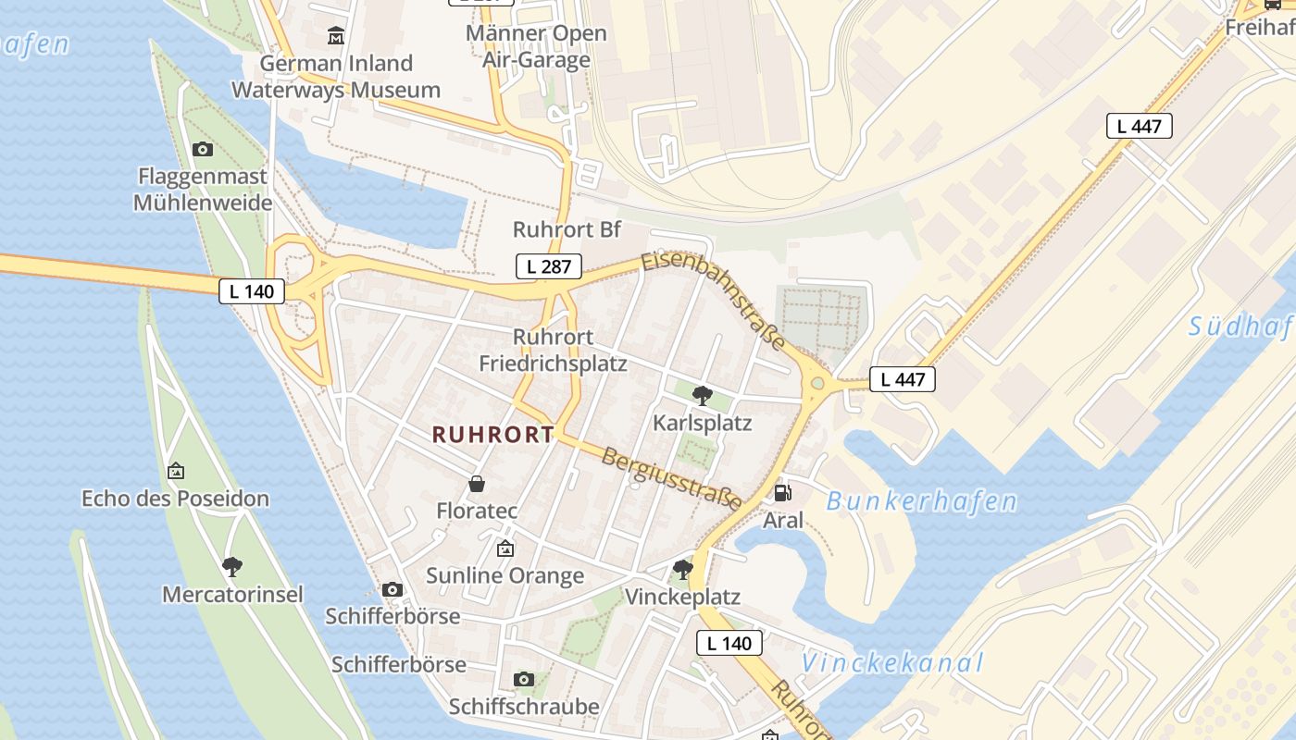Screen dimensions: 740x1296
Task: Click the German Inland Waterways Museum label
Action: (x=335, y=77)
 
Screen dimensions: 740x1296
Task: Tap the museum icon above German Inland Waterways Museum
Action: (x=335, y=36)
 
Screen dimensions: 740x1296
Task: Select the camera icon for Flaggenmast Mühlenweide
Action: (x=203, y=149)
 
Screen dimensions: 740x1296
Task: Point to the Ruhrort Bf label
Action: (x=567, y=229)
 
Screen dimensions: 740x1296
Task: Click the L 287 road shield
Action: (x=548, y=266)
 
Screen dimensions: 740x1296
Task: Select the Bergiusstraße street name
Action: (x=671, y=478)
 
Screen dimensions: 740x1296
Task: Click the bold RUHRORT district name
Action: (x=493, y=435)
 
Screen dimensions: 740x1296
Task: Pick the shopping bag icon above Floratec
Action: (x=477, y=484)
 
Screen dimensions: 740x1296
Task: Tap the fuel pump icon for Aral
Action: (x=782, y=493)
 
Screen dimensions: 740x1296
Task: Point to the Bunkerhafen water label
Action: (x=921, y=502)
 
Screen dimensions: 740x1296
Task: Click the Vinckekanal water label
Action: (x=891, y=663)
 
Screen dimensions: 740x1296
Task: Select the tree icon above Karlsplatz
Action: (x=703, y=396)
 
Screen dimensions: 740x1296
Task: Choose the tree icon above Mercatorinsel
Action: (x=232, y=566)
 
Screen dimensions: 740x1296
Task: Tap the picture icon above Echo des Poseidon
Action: (x=176, y=471)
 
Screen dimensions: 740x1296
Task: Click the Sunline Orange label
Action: (x=505, y=575)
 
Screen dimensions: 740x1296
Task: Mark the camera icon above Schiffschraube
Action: (x=524, y=680)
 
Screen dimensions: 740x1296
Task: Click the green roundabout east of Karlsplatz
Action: (x=816, y=383)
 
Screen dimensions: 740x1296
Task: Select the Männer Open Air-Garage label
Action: (x=536, y=46)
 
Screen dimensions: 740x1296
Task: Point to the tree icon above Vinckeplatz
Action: (x=683, y=569)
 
